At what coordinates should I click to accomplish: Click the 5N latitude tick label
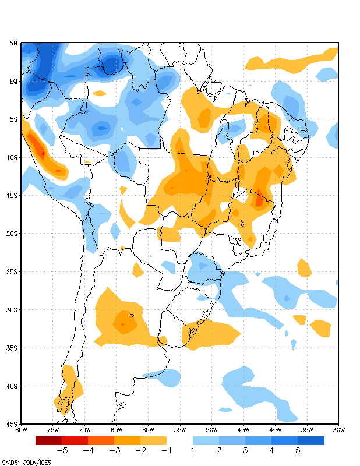point(13,43)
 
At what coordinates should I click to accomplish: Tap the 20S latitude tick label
point(12,234)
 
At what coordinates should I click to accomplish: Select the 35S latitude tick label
point(12,348)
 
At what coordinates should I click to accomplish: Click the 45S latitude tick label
point(12,424)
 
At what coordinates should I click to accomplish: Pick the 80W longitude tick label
point(22,430)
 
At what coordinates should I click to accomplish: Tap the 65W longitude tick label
point(117,430)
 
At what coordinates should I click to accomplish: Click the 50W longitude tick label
point(211,430)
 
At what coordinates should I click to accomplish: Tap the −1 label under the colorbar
point(166,450)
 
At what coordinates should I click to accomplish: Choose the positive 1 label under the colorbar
point(193,450)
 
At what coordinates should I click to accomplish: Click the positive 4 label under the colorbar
point(271,450)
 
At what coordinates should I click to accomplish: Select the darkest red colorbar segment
point(48,441)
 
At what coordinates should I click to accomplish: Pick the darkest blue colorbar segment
point(311,441)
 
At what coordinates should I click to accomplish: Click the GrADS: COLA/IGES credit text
point(22,462)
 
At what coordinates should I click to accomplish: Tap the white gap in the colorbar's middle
point(179,441)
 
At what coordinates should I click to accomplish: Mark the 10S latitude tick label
point(12,157)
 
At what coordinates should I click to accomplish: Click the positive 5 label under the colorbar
point(298,450)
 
